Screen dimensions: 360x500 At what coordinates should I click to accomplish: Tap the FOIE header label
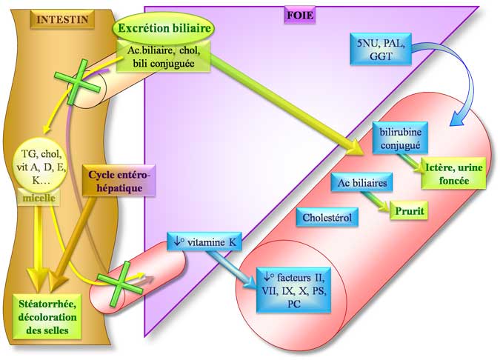click(302, 12)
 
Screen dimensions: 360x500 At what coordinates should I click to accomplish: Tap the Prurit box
click(413, 211)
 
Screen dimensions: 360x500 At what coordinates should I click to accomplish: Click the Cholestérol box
click(327, 218)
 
